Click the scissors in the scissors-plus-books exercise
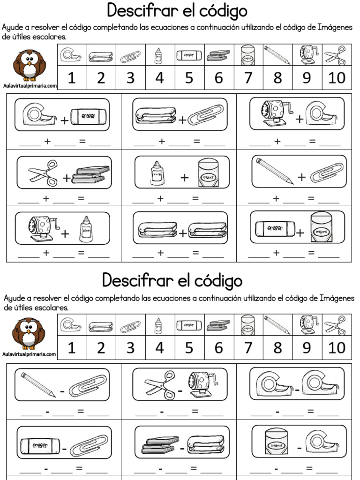(x=43, y=171)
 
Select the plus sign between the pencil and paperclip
(x=301, y=177)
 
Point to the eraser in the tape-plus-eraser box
(x=89, y=115)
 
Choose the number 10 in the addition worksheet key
(x=336, y=78)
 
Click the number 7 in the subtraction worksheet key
(x=247, y=348)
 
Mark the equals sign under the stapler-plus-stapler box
(x=196, y=253)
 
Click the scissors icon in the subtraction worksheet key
(x=336, y=324)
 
